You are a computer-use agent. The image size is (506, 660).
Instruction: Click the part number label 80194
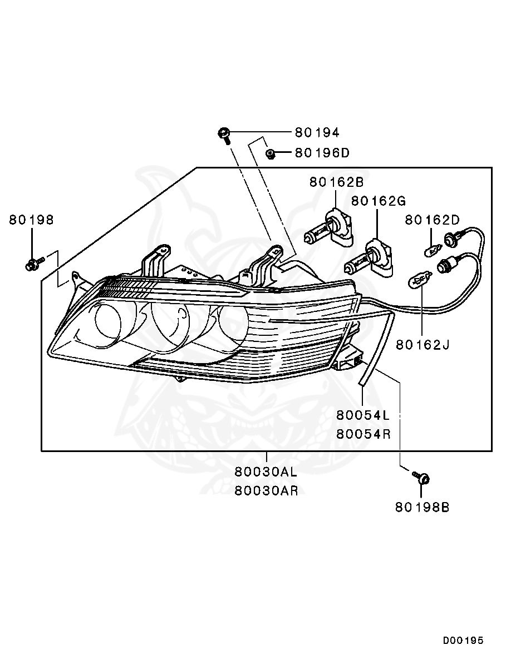317,132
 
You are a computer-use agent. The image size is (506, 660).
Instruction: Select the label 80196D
322,153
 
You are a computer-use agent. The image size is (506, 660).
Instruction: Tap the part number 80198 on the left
31,220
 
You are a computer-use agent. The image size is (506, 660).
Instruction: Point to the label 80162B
336,182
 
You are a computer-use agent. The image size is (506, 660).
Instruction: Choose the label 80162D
432,220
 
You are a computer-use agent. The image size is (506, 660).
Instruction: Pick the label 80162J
423,345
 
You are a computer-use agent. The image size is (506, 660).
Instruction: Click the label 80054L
363,415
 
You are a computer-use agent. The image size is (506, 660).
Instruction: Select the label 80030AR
266,491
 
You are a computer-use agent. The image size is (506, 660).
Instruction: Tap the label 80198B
423,507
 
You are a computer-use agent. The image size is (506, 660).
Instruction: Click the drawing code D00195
463,641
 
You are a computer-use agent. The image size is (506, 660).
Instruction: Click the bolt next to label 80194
224,134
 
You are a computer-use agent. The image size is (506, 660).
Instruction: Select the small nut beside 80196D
269,154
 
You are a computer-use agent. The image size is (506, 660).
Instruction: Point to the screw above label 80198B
422,478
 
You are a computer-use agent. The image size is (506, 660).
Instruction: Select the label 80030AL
266,473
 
